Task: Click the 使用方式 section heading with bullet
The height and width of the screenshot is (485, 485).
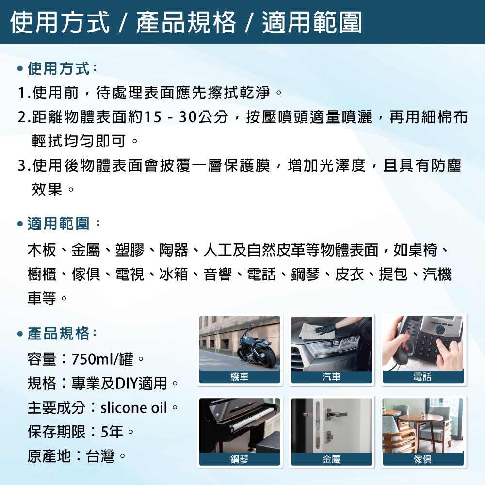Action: coord(57,68)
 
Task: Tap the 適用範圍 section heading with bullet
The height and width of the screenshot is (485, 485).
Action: coord(59,223)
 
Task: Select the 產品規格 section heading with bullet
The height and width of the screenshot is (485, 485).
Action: coord(57,334)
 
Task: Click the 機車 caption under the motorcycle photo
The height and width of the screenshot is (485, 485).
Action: coord(240,377)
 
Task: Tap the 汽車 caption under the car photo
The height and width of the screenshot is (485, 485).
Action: coord(331,377)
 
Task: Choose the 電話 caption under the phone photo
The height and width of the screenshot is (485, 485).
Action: coord(422,377)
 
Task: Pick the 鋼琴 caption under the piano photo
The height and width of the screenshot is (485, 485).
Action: coord(240,459)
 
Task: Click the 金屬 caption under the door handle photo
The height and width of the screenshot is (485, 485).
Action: coord(331,459)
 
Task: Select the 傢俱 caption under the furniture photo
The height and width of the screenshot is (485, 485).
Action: coord(422,459)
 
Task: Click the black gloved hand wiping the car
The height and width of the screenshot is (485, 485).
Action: coord(325,329)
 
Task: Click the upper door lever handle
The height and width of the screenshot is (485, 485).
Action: coord(335,413)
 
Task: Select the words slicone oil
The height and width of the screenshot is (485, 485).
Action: coord(134,408)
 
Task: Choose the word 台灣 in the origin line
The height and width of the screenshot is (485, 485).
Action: coord(100,456)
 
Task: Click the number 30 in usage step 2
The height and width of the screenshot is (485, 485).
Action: coord(188,117)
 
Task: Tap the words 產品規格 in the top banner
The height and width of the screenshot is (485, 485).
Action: coord(186,22)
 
